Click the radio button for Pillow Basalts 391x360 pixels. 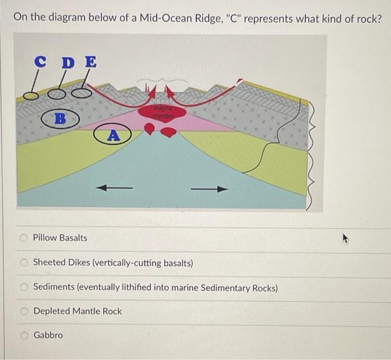point(23,238)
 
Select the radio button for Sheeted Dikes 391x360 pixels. point(23,263)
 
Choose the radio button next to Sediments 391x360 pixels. point(23,287)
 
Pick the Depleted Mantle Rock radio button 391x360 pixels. point(23,311)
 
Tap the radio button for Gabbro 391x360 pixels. point(23,335)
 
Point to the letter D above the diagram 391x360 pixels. point(66,63)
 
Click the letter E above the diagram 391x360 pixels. point(89,62)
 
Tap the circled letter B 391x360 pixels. point(60,119)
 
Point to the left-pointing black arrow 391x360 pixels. point(115,188)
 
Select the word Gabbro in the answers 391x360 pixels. point(48,335)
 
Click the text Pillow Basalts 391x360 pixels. point(60,238)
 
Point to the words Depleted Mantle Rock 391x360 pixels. point(77,311)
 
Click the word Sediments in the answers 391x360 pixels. point(54,287)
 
